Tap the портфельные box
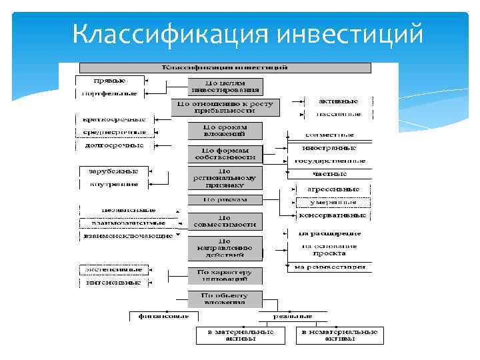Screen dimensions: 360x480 click(x=108, y=94)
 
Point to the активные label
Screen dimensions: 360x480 click(x=339, y=101)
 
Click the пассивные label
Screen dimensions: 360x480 click(x=339, y=114)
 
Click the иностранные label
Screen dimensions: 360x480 click(x=329, y=148)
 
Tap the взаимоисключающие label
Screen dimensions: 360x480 click(x=127, y=235)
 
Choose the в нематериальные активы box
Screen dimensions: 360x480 click(x=341, y=335)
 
